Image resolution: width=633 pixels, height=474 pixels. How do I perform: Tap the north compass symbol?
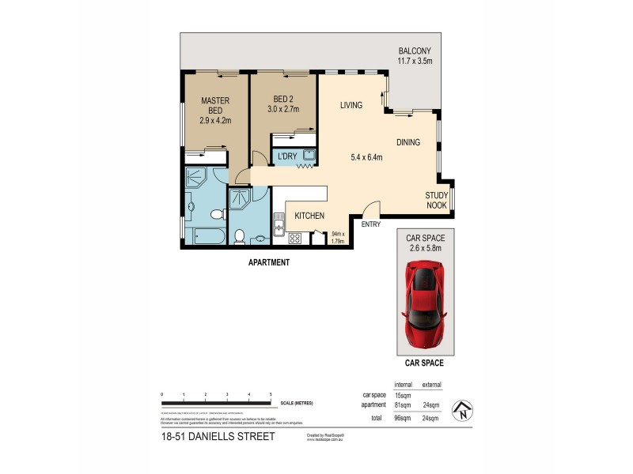(461, 411)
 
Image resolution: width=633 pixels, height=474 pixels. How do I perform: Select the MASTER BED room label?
(215, 111)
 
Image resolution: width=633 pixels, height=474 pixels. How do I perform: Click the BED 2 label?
(282, 103)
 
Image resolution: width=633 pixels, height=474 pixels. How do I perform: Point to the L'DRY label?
(286, 156)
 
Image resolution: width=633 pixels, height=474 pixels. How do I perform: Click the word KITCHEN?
(310, 215)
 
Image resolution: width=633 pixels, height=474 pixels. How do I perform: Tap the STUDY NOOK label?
(436, 200)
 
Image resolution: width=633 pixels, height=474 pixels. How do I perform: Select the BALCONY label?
(415, 55)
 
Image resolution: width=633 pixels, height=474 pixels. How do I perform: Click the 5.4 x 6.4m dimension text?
(366, 156)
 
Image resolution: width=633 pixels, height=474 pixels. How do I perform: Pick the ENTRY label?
(370, 224)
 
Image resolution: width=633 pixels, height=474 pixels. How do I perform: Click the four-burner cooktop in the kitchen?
(294, 238)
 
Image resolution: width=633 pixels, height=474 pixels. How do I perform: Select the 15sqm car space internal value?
(404, 395)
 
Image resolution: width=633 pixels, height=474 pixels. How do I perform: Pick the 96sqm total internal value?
(404, 417)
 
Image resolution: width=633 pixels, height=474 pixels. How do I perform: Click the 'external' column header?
(430, 385)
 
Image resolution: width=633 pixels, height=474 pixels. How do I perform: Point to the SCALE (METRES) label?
(295, 403)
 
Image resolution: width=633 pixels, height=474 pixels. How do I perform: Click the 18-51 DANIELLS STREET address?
(218, 437)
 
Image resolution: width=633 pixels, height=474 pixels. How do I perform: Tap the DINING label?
(408, 142)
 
